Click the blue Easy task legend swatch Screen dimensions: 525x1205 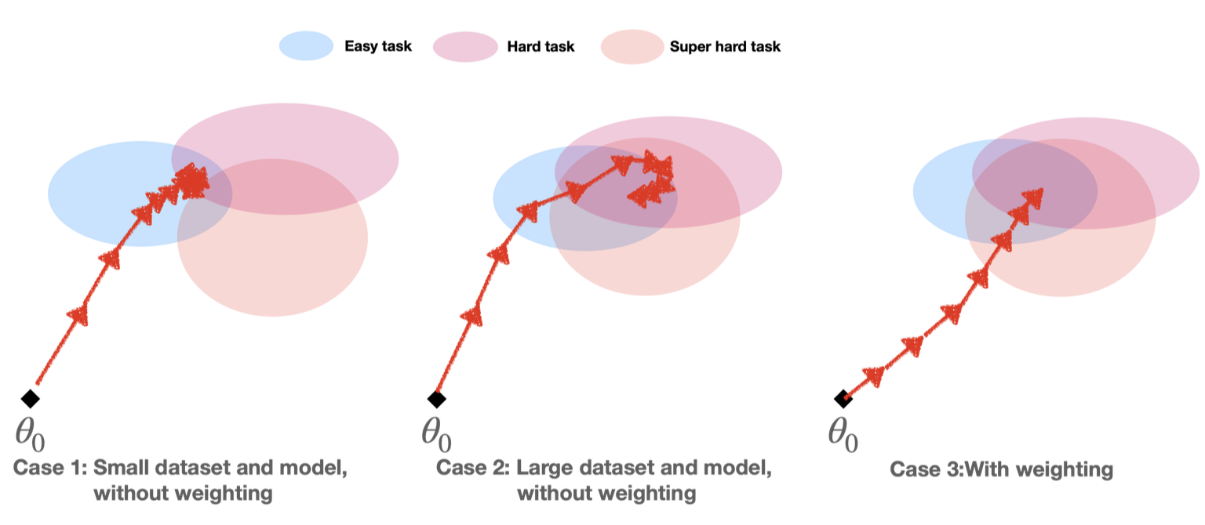coord(306,46)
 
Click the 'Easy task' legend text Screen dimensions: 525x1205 coord(378,46)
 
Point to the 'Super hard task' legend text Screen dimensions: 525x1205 coord(725,46)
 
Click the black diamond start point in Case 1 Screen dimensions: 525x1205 coord(30,398)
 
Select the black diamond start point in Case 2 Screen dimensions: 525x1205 coord(437,398)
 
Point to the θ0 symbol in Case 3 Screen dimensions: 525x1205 coord(844,433)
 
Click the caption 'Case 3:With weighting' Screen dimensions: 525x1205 coord(1002,470)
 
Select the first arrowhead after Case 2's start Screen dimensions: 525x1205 coord(473,317)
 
